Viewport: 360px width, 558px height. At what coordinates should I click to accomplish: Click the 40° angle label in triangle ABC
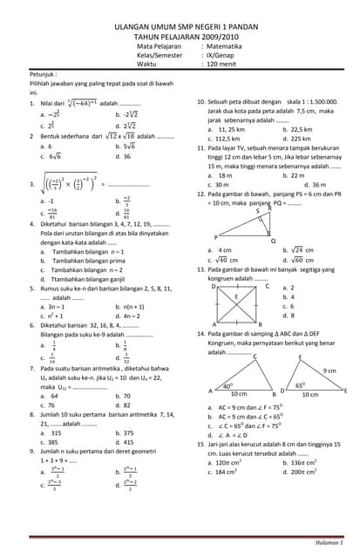point(228,384)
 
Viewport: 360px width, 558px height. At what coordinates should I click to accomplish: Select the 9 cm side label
point(329,371)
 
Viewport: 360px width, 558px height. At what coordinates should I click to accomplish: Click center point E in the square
point(235,297)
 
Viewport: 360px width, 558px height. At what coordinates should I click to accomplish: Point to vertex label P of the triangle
point(215,236)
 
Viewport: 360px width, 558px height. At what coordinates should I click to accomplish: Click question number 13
point(200,269)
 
